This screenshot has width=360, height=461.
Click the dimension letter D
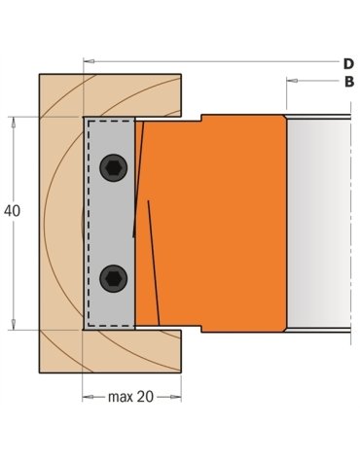(347, 63)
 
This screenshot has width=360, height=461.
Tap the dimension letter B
(347, 84)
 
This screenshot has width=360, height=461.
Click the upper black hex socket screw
(113, 169)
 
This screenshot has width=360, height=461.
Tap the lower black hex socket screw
(113, 278)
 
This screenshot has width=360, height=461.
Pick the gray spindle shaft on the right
(316, 224)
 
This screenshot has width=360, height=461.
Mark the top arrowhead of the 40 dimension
(14, 122)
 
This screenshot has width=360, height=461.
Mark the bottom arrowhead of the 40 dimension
(14, 327)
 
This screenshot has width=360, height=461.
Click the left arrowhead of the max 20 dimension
(88, 396)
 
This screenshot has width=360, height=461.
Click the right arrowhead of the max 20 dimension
(178, 396)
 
